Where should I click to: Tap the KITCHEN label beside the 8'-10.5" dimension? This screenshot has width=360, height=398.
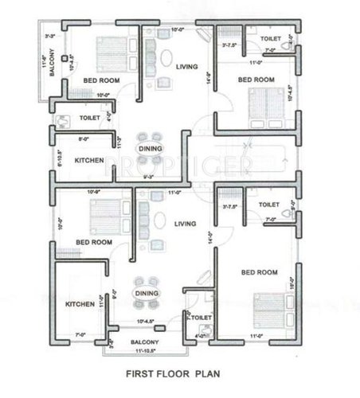(x=88, y=161)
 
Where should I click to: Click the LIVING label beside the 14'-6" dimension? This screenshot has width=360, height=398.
(x=186, y=66)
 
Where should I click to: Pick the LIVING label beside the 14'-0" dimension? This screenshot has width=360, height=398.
(x=186, y=224)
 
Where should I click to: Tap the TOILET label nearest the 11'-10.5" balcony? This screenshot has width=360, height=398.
(x=202, y=318)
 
